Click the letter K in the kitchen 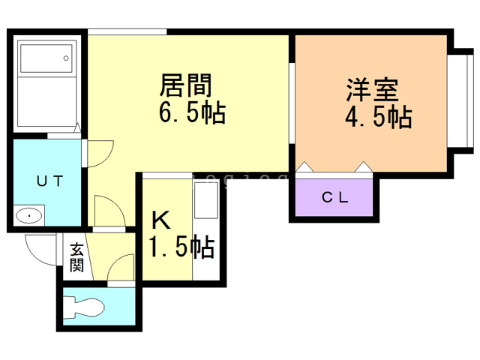161,220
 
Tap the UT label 50,180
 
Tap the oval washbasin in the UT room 28,217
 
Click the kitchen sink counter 205,229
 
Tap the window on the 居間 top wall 127,31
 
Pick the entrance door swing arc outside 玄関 37,247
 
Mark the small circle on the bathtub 66,58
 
